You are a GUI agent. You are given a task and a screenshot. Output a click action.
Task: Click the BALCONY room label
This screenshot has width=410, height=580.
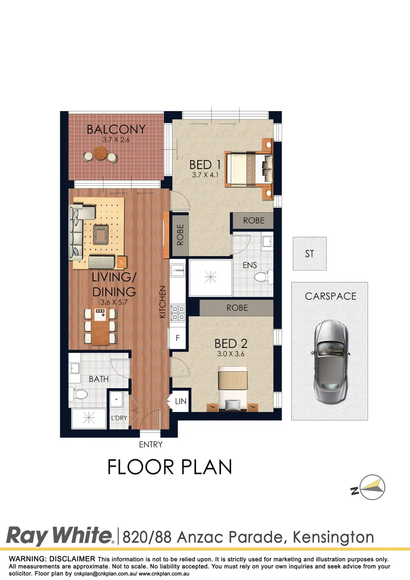pyautogui.click(x=116, y=129)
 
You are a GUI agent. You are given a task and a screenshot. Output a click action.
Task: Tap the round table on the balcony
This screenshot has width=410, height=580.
pyautogui.click(x=100, y=156)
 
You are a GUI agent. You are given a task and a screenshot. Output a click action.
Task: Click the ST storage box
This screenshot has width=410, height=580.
pyautogui.click(x=310, y=253)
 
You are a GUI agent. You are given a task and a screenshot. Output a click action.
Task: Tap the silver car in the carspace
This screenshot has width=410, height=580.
pyautogui.click(x=329, y=363)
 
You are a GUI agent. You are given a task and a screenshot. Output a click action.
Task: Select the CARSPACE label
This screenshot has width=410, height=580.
pyautogui.click(x=330, y=296)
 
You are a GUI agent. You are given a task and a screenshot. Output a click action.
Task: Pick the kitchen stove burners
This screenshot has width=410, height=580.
pyautogui.click(x=177, y=313)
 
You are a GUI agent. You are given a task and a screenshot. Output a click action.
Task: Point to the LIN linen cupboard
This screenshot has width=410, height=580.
pyautogui.click(x=179, y=401)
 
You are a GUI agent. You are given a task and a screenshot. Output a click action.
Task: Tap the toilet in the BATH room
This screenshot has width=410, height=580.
pyautogui.click(x=80, y=395)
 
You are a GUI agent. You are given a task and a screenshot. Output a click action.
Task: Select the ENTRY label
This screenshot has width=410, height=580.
pyautogui.click(x=150, y=444)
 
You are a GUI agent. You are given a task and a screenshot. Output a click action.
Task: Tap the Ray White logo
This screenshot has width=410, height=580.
pyautogui.click(x=60, y=536)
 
